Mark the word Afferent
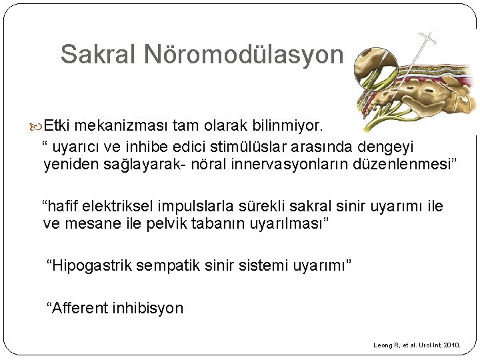coord(75,308)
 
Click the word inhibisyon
coord(147,308)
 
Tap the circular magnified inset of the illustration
coord(375,69)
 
